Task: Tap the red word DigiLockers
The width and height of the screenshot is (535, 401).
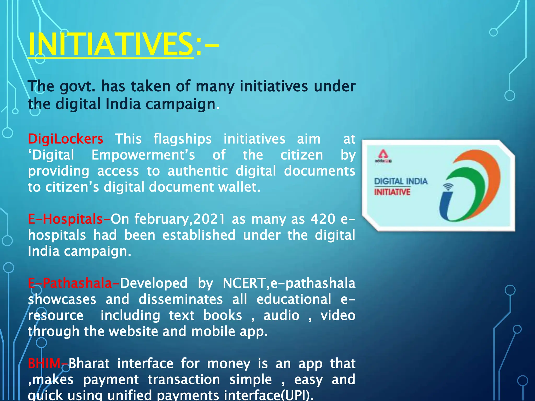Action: [x=65, y=139]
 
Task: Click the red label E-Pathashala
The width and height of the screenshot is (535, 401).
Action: [x=70, y=283]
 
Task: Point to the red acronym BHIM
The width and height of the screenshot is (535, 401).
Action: [x=44, y=363]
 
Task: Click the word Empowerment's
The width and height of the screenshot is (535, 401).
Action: [x=143, y=155]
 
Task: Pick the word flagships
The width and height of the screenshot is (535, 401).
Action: [x=182, y=139]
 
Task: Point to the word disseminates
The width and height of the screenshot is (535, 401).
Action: [x=181, y=299]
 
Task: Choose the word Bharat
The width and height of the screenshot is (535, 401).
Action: [x=89, y=363]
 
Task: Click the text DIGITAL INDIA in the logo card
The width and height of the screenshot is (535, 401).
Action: [x=401, y=181]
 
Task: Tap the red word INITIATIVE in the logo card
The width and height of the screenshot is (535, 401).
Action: [x=392, y=192]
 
